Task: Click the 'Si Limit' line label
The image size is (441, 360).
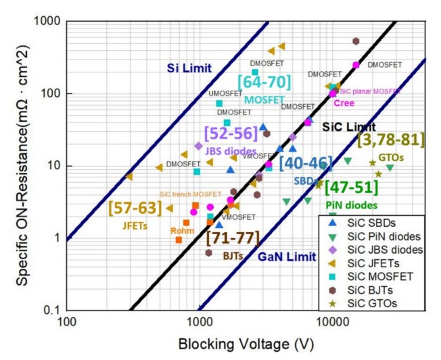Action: point(190,68)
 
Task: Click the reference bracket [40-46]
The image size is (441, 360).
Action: point(306,163)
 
